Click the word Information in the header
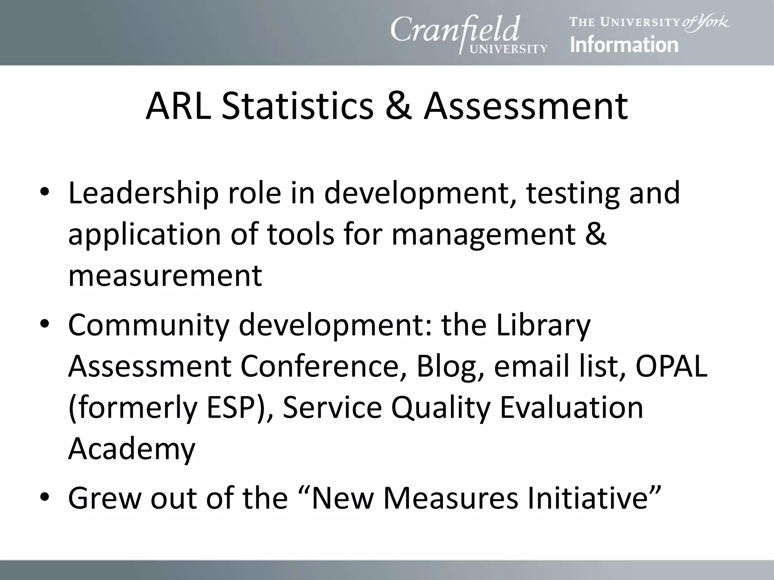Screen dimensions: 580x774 [624, 45]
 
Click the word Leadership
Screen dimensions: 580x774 [144, 193]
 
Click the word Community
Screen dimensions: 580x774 [149, 325]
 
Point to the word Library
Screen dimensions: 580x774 [543, 325]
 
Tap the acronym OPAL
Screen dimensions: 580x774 [671, 366]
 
